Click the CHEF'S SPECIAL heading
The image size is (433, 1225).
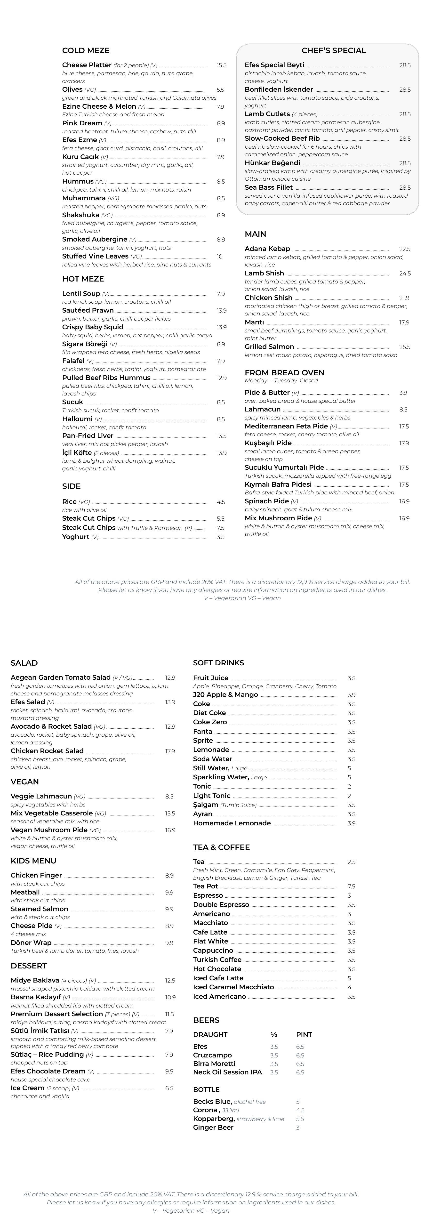pos(334,50)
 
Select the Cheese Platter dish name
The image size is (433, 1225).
pos(87,65)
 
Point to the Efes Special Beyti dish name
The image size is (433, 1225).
pos(274,65)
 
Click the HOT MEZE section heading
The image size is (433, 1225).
pos(83,279)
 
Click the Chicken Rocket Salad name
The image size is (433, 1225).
pos(47,751)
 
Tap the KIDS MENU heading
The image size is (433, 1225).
pos(33,861)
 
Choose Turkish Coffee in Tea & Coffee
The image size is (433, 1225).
pos(217,960)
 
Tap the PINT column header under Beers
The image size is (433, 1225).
pos(304,1034)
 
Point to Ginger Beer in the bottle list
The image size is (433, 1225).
pos(213,1128)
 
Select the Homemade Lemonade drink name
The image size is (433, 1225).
pos(232,823)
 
